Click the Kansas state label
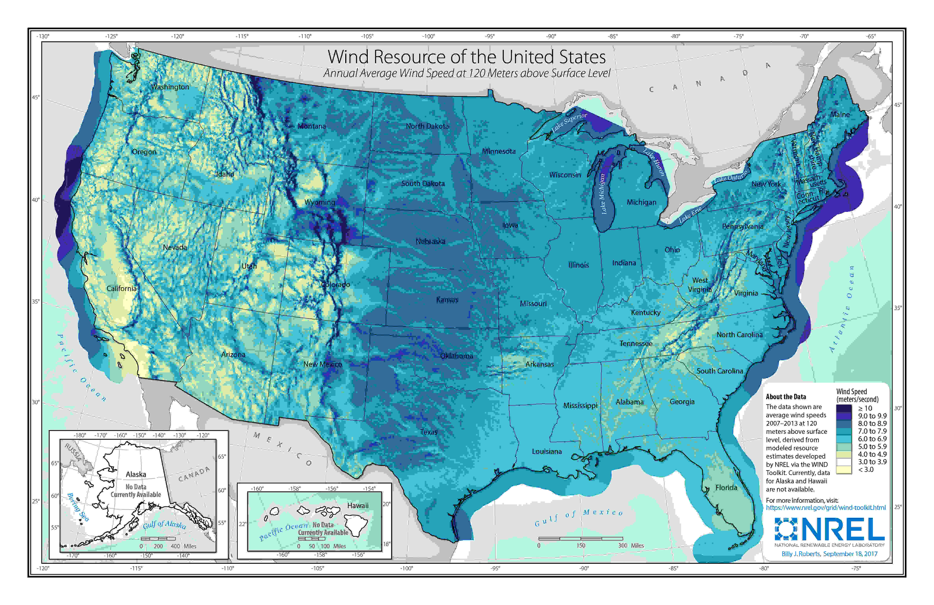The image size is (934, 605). coord(447,300)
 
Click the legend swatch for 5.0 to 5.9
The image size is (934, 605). coord(844,447)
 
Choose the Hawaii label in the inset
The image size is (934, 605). coord(358,506)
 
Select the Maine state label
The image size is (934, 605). coord(840,115)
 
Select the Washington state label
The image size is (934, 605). coord(170,87)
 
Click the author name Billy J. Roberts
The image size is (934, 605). coord(801,554)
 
